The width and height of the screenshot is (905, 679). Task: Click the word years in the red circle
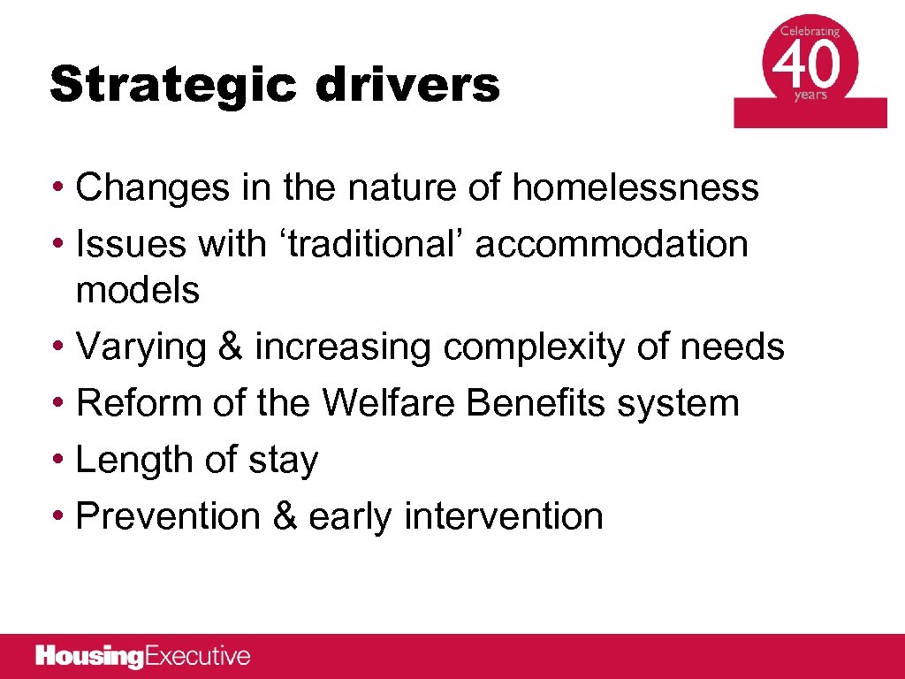pos(810,95)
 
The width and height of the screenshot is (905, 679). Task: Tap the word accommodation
pos(612,245)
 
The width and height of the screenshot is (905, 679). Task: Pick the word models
pos(138,290)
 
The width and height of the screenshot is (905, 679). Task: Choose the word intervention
pos(504,516)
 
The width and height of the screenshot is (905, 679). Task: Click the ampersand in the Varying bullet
pos(229,347)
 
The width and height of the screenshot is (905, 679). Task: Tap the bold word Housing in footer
pos(88,656)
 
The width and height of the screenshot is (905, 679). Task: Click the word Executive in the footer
pos(196,656)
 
